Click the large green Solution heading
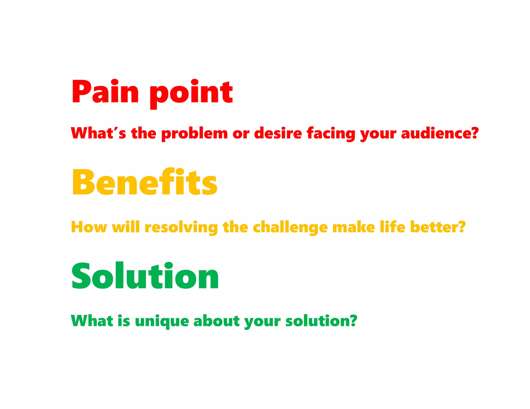point(145,276)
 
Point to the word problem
point(194,134)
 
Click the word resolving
point(181,227)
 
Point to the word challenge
point(290,227)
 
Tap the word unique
point(162,321)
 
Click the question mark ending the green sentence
point(352,321)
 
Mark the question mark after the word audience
point(474,133)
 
